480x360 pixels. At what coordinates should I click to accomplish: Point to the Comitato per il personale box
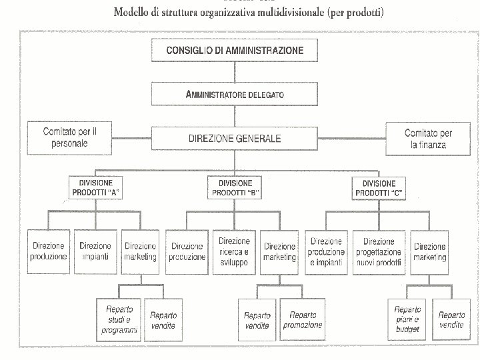click(70, 137)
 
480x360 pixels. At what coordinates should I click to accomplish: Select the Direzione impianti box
click(95, 251)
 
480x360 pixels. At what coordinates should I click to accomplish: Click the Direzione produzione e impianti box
click(327, 251)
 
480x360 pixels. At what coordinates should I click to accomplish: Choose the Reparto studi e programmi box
click(119, 319)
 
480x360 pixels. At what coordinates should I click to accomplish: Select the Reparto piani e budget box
click(407, 319)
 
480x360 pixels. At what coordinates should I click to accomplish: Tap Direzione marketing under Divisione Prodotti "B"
click(279, 251)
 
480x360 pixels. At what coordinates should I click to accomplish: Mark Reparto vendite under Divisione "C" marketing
click(451, 319)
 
